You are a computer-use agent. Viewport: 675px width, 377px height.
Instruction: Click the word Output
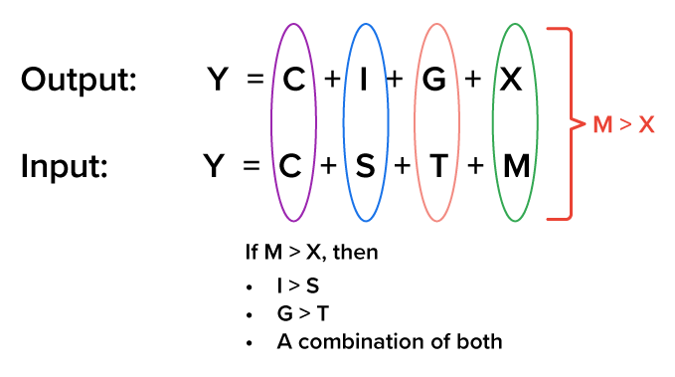click(79, 81)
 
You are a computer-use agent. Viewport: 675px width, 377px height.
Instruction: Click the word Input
click(65, 165)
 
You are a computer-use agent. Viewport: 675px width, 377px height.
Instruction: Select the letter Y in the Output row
click(218, 80)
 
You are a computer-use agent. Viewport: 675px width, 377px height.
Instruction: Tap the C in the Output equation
click(293, 80)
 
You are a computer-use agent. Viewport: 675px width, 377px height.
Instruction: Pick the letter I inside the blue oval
click(364, 80)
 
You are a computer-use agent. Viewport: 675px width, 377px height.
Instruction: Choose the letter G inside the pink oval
click(433, 80)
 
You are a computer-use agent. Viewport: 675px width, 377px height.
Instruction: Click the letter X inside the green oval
click(509, 80)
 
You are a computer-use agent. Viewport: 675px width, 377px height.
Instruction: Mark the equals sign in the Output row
click(255, 81)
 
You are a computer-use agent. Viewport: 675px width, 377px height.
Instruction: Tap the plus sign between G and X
click(473, 80)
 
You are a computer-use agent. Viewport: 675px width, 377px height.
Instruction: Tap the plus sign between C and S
click(329, 165)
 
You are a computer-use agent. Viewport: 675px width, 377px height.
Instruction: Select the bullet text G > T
click(300, 313)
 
